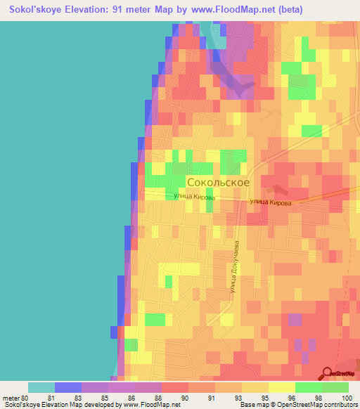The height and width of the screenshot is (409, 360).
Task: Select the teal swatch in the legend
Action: [41, 387]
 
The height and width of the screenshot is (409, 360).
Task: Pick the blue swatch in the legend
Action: [68, 387]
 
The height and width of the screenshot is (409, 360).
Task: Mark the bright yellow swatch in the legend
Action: [282, 387]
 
